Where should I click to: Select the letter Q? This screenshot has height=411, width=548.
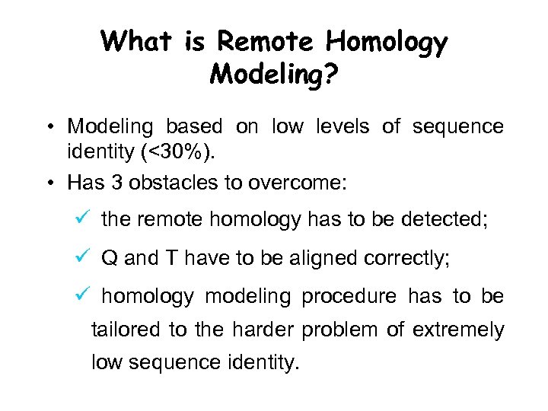(x=110, y=258)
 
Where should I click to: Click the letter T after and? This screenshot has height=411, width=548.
(x=170, y=258)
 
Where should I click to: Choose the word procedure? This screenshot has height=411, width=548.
(x=349, y=297)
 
